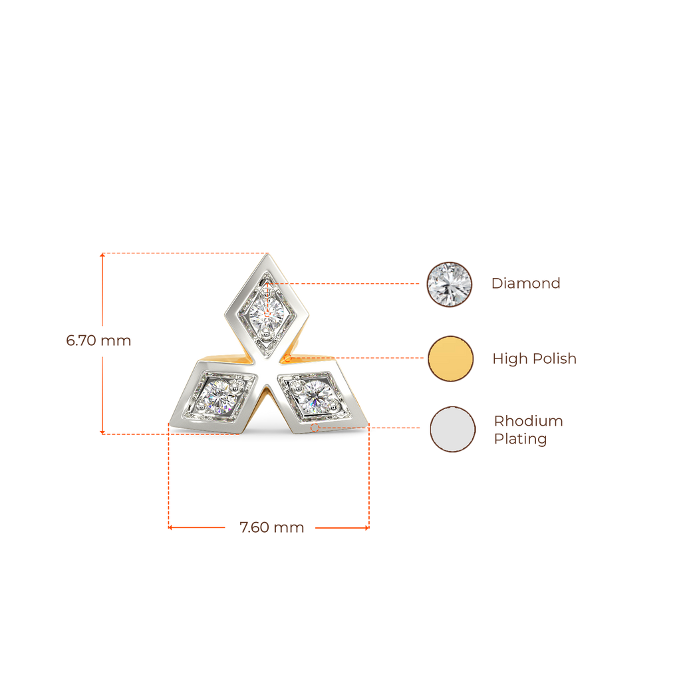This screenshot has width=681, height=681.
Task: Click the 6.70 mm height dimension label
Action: tap(98, 340)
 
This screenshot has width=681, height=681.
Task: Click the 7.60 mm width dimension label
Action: tap(272, 527)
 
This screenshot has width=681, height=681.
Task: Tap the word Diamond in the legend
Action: tap(526, 283)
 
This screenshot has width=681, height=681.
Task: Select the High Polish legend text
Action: tap(535, 358)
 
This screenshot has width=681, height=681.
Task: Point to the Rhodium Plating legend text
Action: tap(529, 430)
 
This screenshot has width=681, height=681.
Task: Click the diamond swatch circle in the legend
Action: tap(449, 285)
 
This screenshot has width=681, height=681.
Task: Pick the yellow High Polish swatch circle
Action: tap(450, 358)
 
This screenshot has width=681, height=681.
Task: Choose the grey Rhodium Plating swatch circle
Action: tap(452, 429)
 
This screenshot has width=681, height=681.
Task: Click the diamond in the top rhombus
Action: tap(267, 313)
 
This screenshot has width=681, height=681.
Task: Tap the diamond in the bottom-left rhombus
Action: tap(219, 396)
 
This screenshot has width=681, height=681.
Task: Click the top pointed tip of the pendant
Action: tap(267, 254)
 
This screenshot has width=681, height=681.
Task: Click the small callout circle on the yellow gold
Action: tap(287, 358)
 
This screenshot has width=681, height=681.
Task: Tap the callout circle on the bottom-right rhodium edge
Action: tap(315, 428)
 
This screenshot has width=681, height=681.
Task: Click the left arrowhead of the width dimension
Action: tap(170, 527)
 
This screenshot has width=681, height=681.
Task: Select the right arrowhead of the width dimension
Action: tap(367, 527)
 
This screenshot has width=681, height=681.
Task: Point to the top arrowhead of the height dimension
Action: tap(102, 255)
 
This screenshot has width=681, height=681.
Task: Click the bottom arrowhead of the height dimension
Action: tap(102, 432)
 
